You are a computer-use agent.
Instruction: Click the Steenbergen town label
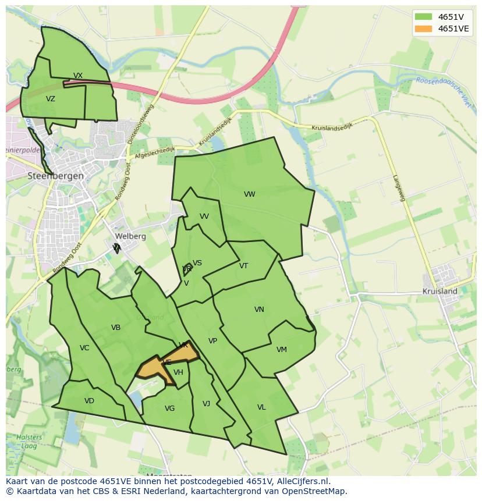56,176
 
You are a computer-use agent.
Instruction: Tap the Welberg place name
130,236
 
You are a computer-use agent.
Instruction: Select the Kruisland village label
440,291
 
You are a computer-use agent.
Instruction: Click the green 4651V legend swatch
423,17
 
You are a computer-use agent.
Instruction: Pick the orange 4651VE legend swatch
423,29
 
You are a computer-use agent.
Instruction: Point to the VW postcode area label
249,194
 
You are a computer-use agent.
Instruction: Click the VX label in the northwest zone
78,76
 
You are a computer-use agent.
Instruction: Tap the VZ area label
51,99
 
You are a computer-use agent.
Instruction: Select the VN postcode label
259,310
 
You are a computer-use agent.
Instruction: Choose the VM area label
281,350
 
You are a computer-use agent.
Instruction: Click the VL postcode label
261,407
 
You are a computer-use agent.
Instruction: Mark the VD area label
89,401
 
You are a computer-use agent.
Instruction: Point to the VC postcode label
84,348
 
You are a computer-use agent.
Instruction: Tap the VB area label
116,328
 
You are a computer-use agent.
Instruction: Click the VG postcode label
169,408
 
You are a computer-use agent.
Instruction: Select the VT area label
243,266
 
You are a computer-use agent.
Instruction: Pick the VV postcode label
204,216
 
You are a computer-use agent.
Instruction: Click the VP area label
212,341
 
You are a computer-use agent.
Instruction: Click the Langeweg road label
399,188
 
